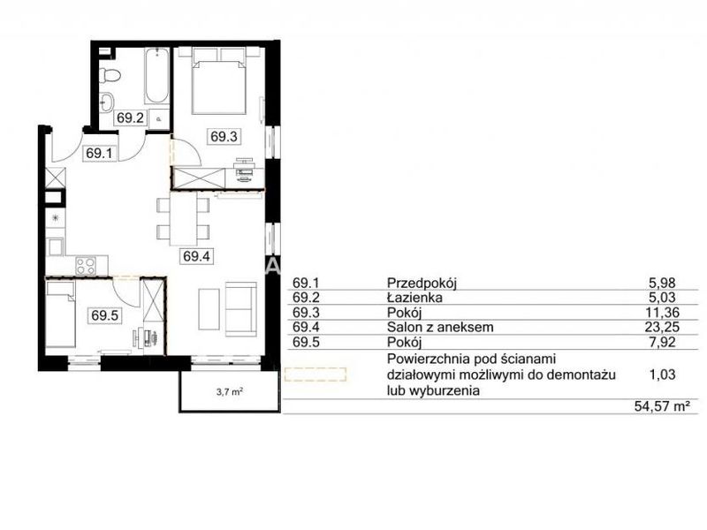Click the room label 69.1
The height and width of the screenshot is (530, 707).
click(99, 153)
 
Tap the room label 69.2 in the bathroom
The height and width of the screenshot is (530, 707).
click(130, 117)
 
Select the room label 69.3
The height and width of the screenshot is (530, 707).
click(224, 136)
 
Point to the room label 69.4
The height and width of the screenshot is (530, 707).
click(196, 256)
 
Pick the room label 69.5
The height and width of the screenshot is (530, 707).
click(104, 315)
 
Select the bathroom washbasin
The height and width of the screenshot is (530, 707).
click(107, 102)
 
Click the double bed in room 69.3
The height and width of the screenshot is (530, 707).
click(218, 81)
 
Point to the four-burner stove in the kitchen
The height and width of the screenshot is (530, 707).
click(85, 266)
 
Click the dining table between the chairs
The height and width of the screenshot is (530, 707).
click(183, 218)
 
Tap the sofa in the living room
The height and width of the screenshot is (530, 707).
click(240, 308)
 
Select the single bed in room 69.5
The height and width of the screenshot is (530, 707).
click(60, 314)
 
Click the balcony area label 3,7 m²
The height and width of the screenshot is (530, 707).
click(230, 391)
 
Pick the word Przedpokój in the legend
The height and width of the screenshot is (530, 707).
click(422, 283)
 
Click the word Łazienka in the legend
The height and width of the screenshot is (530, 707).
click(414, 298)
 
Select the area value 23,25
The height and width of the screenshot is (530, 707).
click(661, 327)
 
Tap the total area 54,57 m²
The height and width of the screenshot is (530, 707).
click(662, 406)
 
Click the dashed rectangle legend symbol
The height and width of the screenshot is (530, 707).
click(315, 375)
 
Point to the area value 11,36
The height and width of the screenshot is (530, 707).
click(661, 313)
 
